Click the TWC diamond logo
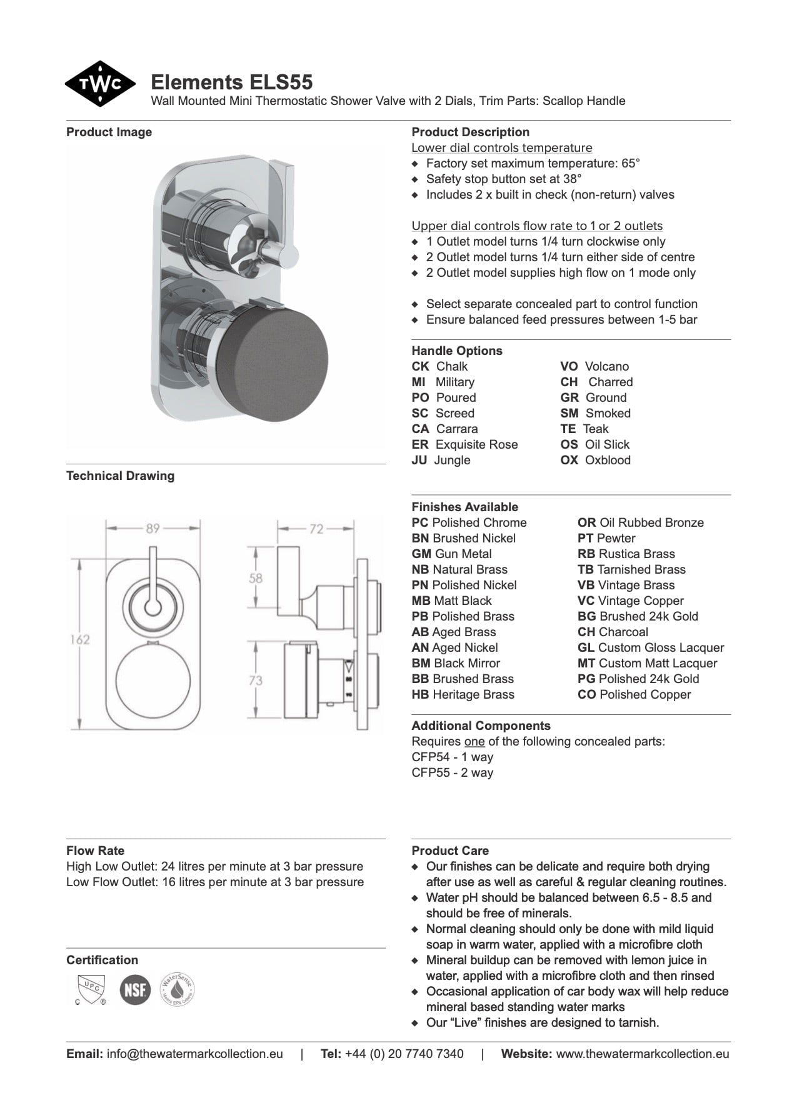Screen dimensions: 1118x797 click(x=100, y=84)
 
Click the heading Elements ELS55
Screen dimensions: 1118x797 click(x=231, y=82)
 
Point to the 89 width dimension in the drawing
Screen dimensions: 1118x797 click(x=153, y=529)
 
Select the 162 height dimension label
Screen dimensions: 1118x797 click(x=79, y=639)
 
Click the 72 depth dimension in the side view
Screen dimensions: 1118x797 click(x=316, y=529)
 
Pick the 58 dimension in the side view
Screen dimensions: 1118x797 click(x=256, y=578)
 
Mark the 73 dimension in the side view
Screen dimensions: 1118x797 click(x=256, y=680)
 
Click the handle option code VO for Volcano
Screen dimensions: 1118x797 click(x=569, y=366)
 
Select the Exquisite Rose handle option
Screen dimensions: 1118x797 click(x=476, y=444)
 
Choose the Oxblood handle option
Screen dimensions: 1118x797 click(x=607, y=460)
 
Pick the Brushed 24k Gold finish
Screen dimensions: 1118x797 click(x=638, y=616)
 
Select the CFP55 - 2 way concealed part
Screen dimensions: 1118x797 click(x=452, y=772)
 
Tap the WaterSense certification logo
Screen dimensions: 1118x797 click(x=178, y=989)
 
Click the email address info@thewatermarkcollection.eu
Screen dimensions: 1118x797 click(x=194, y=1054)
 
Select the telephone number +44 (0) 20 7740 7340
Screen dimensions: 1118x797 click(x=404, y=1054)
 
